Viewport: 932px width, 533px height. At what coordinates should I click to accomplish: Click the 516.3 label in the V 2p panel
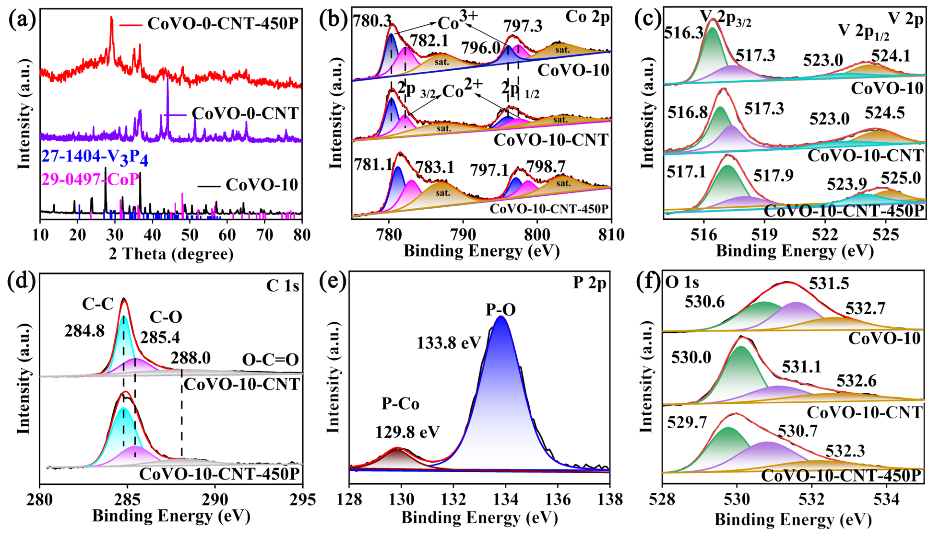coord(683,33)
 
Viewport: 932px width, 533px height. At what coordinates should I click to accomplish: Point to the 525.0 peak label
coord(901,178)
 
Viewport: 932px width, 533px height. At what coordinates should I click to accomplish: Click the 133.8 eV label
coord(449,343)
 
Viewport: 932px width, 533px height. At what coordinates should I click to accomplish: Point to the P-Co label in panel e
coord(400,404)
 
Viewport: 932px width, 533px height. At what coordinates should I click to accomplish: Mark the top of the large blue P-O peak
coord(501,317)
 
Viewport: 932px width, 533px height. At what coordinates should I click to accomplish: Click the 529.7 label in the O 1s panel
coord(686,423)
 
